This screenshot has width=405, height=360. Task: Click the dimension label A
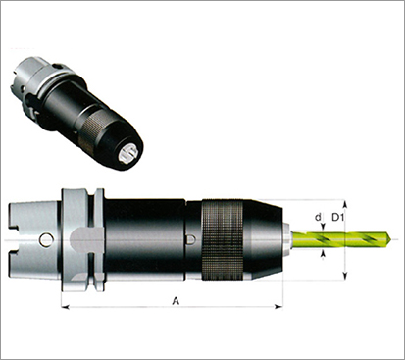(x=176, y=301)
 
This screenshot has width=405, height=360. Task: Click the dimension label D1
(x=338, y=217)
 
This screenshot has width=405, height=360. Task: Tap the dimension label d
(x=318, y=217)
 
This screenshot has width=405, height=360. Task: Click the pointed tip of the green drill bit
(x=391, y=239)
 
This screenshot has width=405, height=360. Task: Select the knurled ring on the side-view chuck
(x=223, y=240)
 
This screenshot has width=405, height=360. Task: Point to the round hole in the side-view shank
(x=46, y=240)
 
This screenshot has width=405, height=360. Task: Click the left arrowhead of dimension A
(x=66, y=307)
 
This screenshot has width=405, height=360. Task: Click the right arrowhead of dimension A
(x=278, y=307)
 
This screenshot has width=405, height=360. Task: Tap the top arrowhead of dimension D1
(x=344, y=204)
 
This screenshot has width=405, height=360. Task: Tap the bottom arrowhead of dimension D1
(x=344, y=276)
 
